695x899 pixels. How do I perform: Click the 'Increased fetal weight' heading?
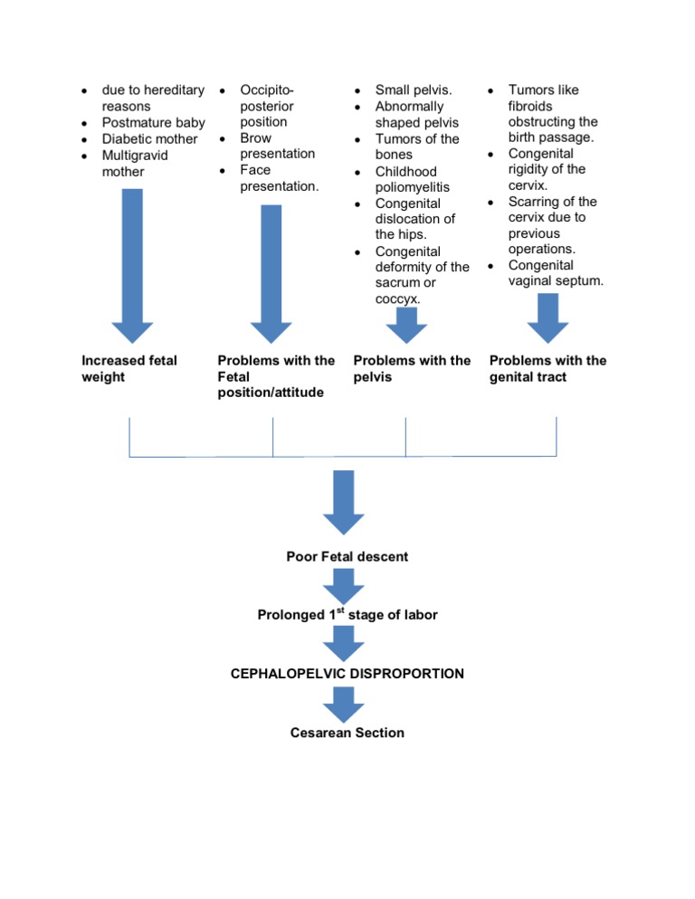[129, 368]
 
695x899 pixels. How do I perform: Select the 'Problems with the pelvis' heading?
[412, 368]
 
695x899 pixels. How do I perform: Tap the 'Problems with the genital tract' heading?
[547, 368]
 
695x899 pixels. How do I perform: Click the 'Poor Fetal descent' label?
[347, 556]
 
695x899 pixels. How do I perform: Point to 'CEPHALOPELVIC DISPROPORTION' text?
[347, 674]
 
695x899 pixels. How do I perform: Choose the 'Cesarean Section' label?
[347, 733]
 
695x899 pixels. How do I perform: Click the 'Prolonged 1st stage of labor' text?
[347, 615]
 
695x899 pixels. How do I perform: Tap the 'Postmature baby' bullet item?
[153, 122]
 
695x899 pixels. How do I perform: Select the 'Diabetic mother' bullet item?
[149, 138]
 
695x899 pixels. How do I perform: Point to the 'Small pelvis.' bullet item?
[414, 90]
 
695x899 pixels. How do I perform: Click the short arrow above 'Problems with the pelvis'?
[412, 325]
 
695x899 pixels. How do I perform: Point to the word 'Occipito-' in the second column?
[267, 90]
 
